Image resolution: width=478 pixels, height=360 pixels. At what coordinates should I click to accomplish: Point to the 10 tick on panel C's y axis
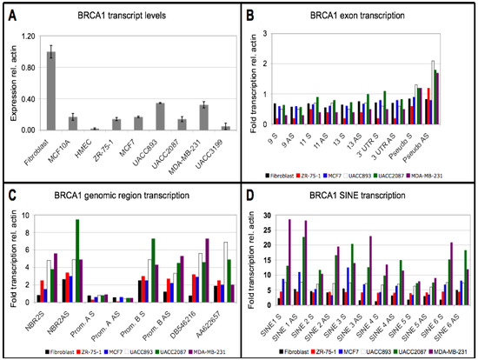28,214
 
